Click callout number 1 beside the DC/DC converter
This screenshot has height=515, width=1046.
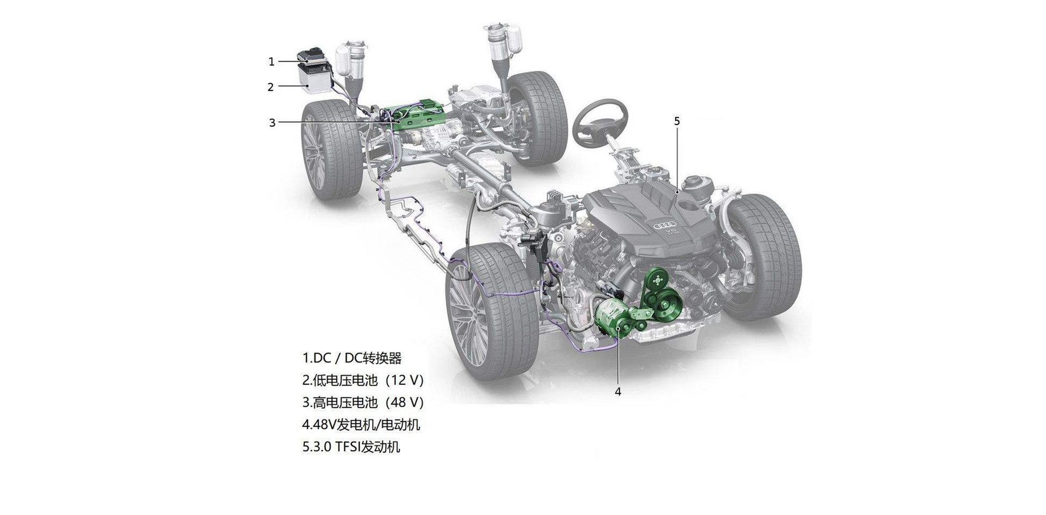272,62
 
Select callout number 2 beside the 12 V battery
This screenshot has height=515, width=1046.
271,87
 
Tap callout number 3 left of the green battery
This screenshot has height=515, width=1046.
272,123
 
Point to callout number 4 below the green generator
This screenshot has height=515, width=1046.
618,392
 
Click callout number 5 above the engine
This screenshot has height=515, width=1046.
677,121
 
